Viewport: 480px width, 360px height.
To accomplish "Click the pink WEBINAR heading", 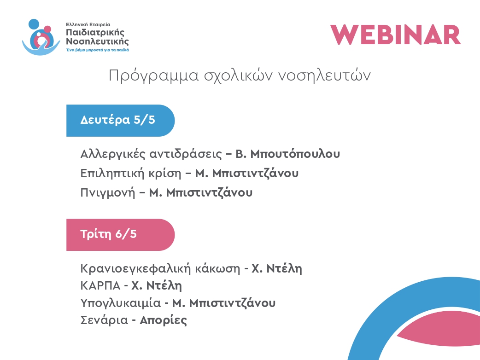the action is pos(396,35).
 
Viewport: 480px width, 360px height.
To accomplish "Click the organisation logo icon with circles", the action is pos(41,37).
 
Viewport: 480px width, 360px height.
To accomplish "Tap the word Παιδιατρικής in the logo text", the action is pos(95,32).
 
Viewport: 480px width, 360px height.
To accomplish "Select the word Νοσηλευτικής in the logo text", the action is pos(97,41).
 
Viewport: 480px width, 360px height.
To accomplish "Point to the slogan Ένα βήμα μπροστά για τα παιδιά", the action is pos(97,50).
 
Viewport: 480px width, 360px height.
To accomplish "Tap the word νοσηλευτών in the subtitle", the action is pos(324,75).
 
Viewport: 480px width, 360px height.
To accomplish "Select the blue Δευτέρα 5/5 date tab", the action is pos(120,121).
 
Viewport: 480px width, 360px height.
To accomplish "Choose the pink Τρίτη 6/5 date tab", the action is pos(120,235).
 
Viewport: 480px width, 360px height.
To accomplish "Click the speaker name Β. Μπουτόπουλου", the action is pos(287,154).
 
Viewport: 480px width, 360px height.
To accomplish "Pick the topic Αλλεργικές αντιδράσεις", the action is pos(151,154).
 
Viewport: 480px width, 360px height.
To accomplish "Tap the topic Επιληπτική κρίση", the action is pos(131,174).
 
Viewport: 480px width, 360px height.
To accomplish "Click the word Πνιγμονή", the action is pos(107,193).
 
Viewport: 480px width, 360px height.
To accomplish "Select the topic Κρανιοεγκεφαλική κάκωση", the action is pos(160,268).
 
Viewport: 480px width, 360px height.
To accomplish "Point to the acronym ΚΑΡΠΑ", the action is pos(100,286).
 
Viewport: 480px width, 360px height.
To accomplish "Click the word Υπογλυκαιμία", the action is pos(120,303).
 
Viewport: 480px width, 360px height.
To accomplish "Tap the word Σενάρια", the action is pos(104,320).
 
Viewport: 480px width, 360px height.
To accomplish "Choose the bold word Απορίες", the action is pos(163,320).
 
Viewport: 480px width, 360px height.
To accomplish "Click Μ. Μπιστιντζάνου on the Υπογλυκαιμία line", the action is pos(224,303).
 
